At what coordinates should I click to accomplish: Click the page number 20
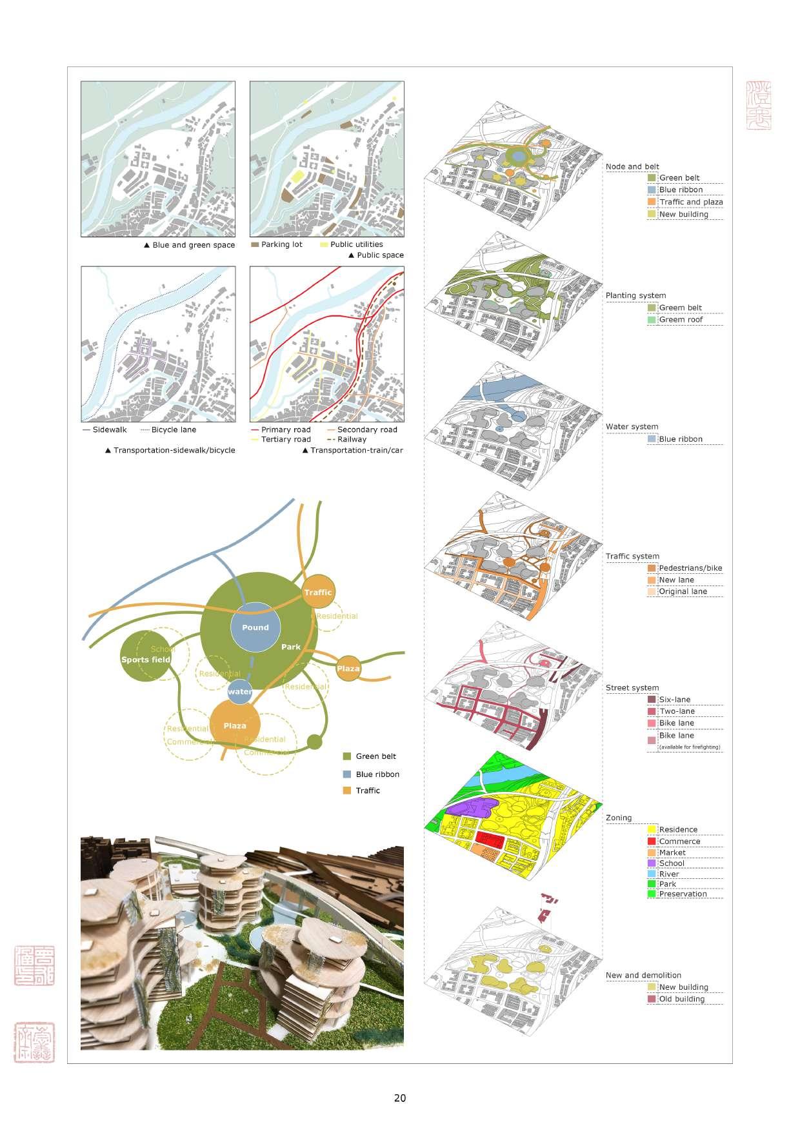400,1097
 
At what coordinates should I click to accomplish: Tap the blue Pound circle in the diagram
255,627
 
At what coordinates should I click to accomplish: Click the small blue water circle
239,691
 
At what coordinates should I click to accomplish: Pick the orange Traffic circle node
318,591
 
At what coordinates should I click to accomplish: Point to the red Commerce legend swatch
652,841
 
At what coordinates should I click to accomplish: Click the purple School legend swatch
652,863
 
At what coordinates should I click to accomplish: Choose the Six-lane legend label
675,700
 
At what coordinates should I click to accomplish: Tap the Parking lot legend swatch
254,245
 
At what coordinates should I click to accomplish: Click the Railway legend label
352,439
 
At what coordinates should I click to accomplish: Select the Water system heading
632,427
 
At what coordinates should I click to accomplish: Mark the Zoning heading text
619,818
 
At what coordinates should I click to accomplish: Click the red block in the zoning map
490,839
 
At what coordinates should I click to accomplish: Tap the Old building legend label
682,999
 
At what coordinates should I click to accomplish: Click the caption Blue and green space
194,245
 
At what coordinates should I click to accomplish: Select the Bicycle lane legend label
174,429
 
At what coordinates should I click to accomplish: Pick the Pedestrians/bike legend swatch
652,568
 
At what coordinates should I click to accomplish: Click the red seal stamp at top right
759,105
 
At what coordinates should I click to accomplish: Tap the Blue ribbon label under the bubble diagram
377,774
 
